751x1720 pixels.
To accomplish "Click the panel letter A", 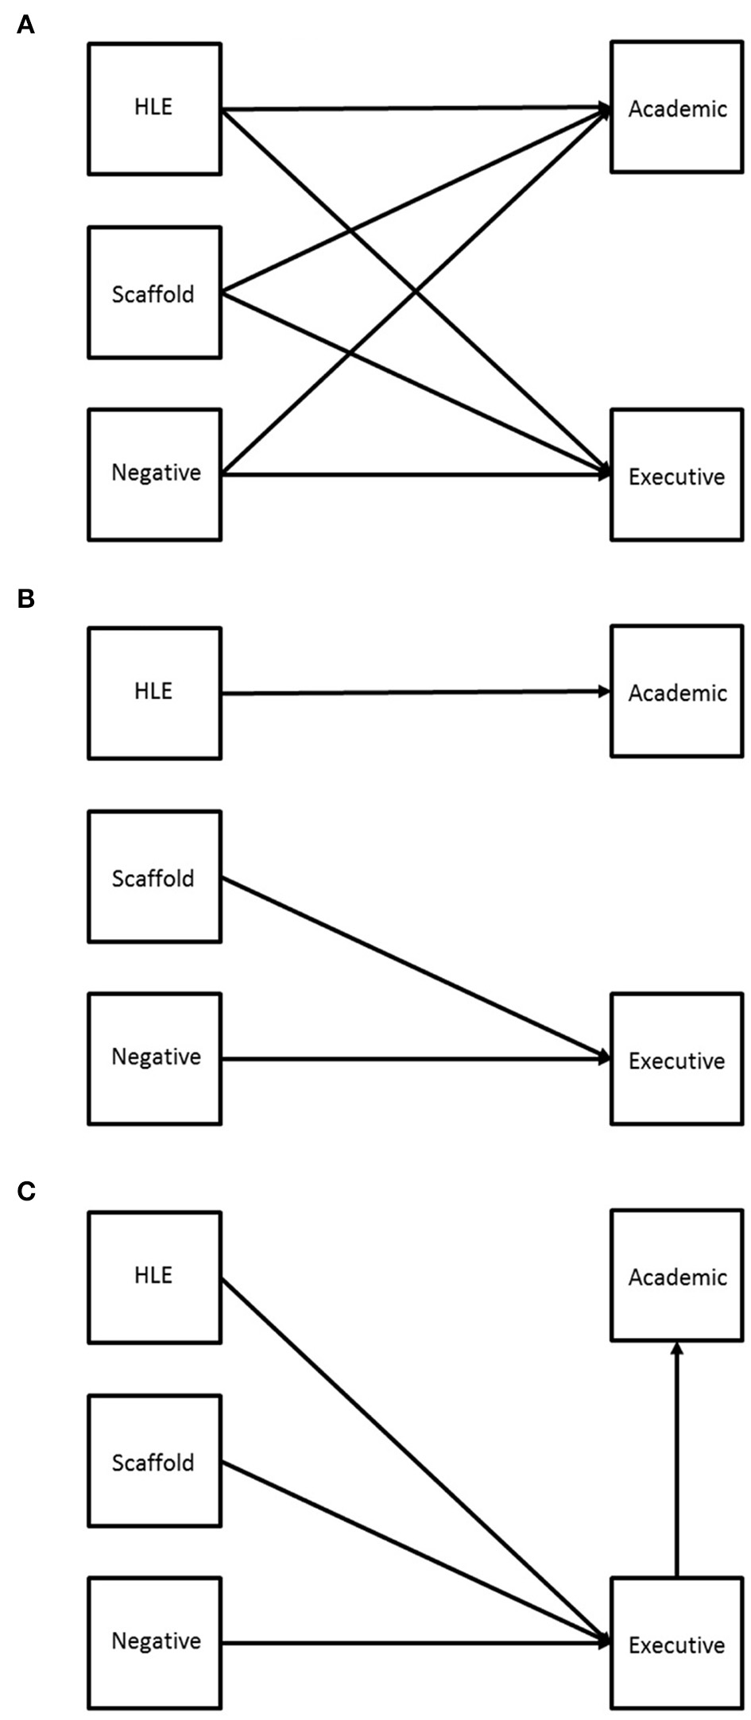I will (x=25, y=26).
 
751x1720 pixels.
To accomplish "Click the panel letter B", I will (x=25, y=599).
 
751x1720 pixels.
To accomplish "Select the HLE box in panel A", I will (x=154, y=109).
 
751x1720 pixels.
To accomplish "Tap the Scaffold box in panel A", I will (x=154, y=292).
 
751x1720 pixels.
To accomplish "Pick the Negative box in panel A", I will (x=154, y=474).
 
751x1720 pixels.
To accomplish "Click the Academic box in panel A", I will (x=677, y=107).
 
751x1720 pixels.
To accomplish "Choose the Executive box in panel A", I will (x=677, y=474).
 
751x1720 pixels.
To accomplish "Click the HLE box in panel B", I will (x=154, y=693).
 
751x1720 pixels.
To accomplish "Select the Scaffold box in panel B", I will (x=154, y=876).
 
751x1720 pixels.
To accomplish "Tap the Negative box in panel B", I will (x=154, y=1058).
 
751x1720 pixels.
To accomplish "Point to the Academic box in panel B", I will (x=677, y=691).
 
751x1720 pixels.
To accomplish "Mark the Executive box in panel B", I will (x=677, y=1058).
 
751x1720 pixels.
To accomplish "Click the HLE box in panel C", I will (x=154, y=1277).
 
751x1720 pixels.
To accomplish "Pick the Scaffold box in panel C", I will (x=154, y=1460).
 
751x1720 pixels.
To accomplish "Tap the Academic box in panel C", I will (x=677, y=1275).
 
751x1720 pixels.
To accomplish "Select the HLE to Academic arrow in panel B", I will (x=413, y=692).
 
